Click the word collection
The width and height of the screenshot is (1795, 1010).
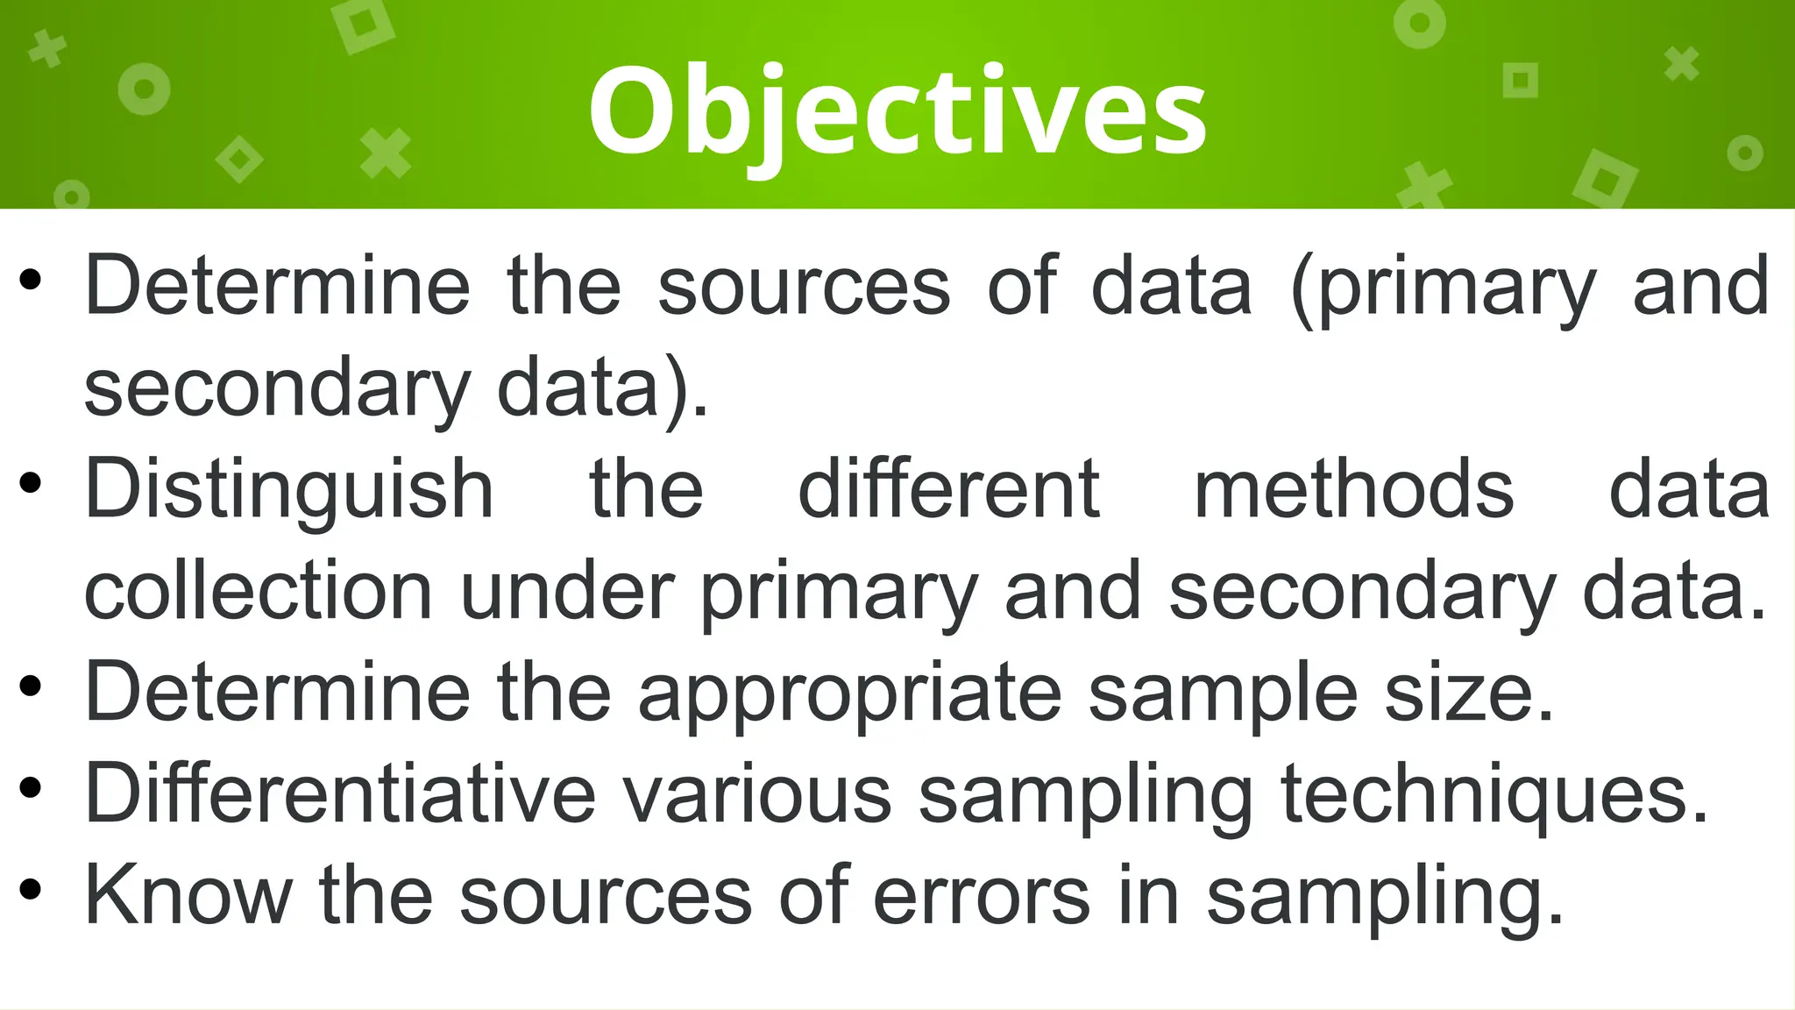[x=259, y=593]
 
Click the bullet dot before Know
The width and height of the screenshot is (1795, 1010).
[x=30, y=891]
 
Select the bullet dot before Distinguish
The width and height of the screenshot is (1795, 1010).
[x=30, y=484]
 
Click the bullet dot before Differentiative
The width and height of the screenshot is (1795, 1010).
[x=30, y=789]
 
